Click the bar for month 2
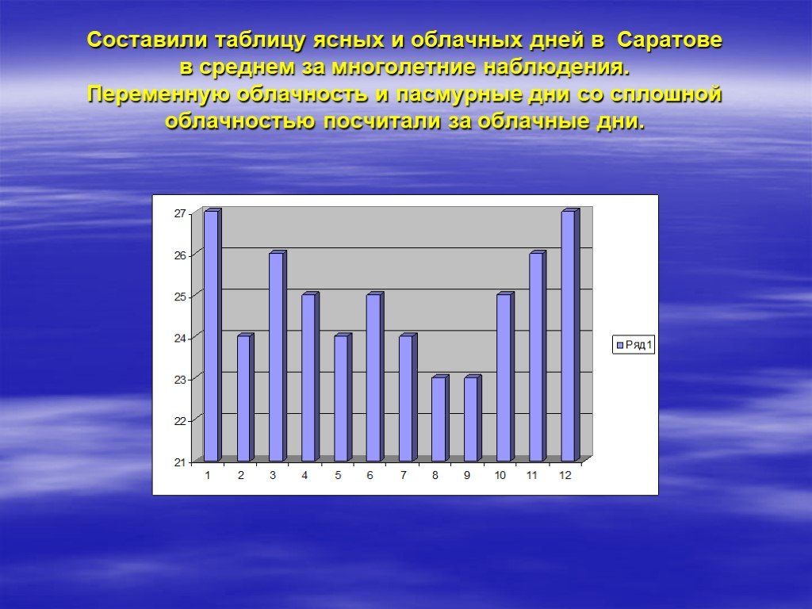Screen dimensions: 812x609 point(246,397)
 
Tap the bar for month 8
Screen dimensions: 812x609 point(440,418)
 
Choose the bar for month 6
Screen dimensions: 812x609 point(375,377)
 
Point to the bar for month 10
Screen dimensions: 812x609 point(505,377)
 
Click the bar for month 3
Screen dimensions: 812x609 point(278,356)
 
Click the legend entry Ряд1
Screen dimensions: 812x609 point(634,345)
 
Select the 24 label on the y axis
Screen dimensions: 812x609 point(180,338)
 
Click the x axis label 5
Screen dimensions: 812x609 point(338,476)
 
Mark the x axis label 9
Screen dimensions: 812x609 point(467,476)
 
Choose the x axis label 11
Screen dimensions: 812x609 point(532,476)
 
